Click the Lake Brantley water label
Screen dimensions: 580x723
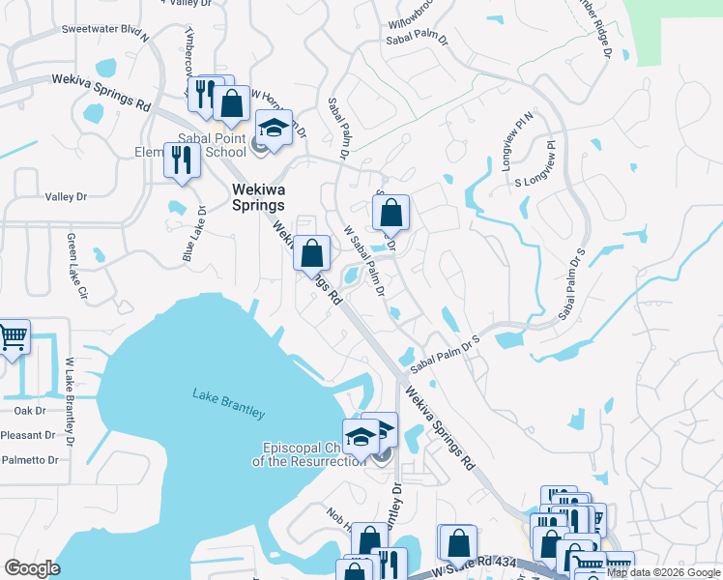228,403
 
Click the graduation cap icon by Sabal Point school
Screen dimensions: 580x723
274,129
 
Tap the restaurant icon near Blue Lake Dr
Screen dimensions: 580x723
181,159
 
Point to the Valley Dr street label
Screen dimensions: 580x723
66,197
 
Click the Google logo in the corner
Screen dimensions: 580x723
32,568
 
